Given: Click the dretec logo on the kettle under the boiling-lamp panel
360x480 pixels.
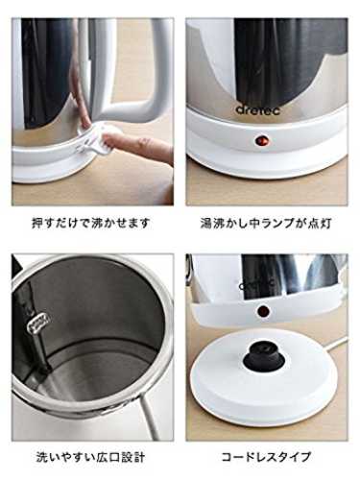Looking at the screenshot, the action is coord(258,109).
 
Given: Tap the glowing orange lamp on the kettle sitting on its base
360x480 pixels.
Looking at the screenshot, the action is coord(262,140).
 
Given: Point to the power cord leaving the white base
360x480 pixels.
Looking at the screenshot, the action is coord(335,347).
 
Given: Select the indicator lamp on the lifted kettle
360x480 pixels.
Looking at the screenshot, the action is coord(263,310).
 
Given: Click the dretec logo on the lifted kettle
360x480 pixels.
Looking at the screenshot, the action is coord(257,284).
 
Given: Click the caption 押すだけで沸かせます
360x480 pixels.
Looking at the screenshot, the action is coord(91,223).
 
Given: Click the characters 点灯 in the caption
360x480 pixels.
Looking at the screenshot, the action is coord(320,223).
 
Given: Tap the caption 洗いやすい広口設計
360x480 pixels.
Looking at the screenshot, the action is coord(90,457).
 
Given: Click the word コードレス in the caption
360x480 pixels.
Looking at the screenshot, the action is coord(251,457).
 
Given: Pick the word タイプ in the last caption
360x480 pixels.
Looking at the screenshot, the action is coord(296,457).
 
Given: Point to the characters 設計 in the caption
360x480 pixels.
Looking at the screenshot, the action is coord(133,457).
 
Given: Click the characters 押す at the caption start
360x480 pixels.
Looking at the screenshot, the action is coord(43,223).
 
